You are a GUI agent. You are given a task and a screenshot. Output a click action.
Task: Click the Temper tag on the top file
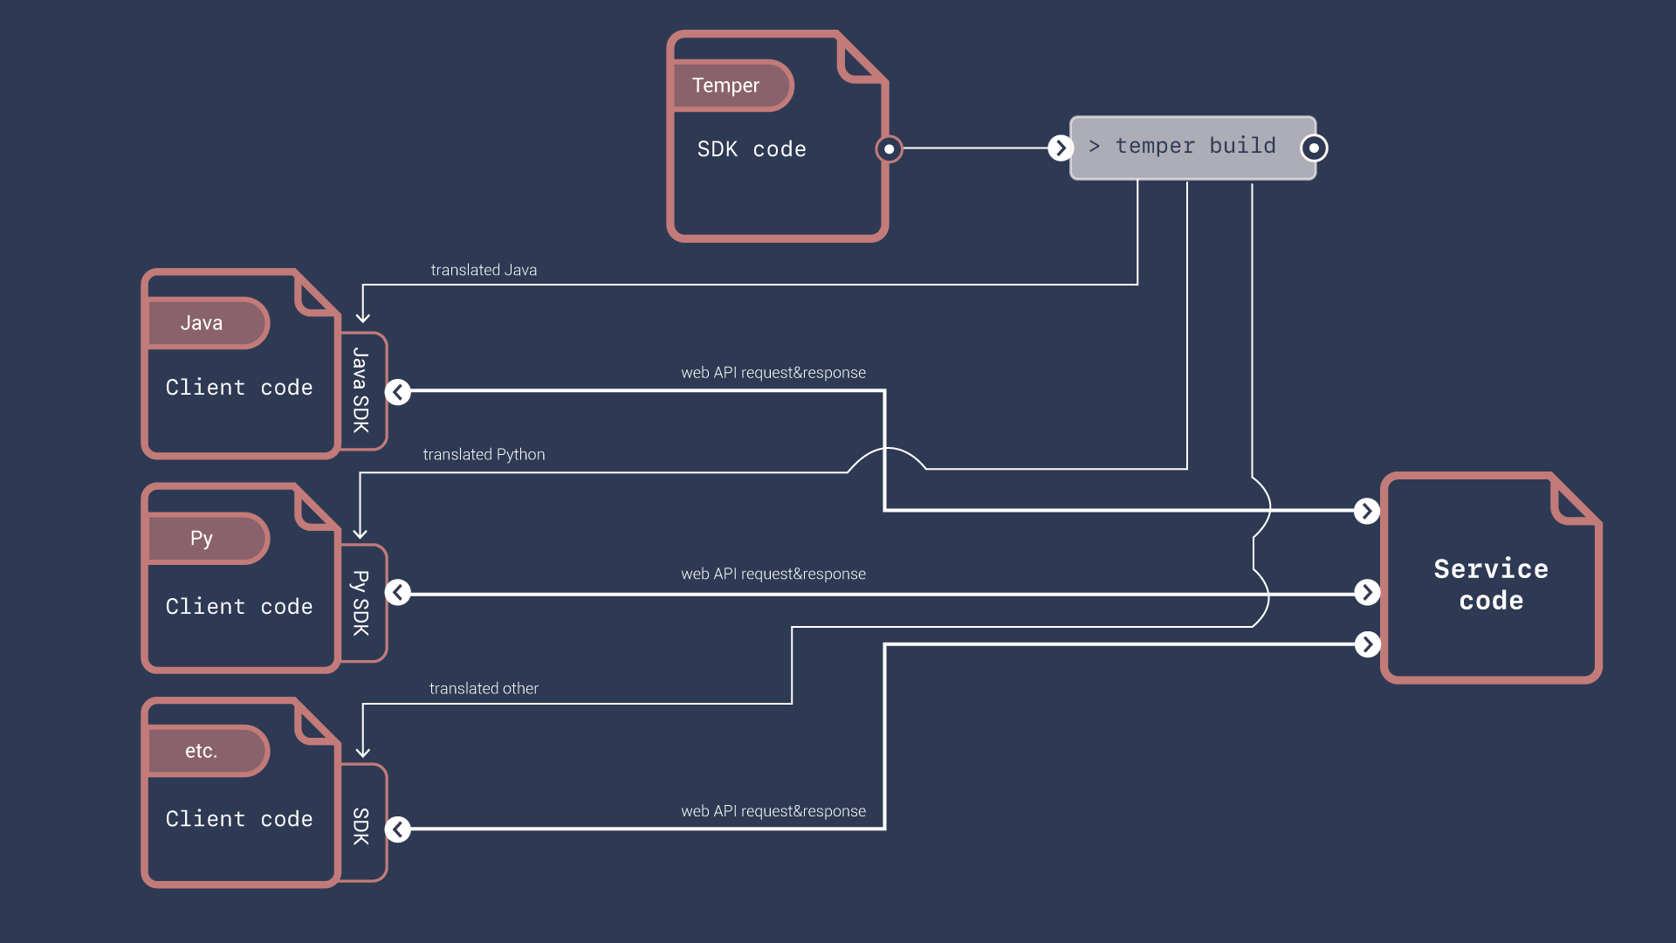pos(726,86)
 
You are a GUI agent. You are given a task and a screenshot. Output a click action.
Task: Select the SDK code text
pos(752,149)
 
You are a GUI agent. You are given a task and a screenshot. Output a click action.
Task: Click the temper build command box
pos(1192,148)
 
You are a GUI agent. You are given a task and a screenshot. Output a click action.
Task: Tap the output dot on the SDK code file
pos(889,149)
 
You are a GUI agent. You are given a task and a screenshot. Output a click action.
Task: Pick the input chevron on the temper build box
pos(1061,148)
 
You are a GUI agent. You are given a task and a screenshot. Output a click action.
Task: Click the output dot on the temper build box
pos(1314,148)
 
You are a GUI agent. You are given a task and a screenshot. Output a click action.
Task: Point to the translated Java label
pos(484,271)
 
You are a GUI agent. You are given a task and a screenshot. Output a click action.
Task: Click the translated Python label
pos(484,455)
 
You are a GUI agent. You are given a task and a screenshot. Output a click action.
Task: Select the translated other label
pos(484,689)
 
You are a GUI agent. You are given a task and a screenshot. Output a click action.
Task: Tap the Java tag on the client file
pos(203,323)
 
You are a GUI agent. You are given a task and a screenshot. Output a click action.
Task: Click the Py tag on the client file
pos(203,538)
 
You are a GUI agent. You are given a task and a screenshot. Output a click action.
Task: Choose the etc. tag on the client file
pos(203,751)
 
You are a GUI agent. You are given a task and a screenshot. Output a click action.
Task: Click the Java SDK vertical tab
pos(361,390)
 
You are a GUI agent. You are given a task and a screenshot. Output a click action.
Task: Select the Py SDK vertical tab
pos(361,602)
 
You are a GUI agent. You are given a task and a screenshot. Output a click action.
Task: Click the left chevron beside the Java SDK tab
pos(398,392)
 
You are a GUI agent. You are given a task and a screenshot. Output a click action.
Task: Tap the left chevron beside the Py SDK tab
pos(398,593)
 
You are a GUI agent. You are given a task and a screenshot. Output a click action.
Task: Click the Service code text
pos(1491,584)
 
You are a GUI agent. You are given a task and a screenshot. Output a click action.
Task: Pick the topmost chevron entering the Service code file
pos(1367,511)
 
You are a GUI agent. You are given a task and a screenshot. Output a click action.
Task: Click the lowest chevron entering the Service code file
pos(1367,644)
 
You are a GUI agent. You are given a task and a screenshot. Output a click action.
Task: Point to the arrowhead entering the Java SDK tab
pos(363,318)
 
